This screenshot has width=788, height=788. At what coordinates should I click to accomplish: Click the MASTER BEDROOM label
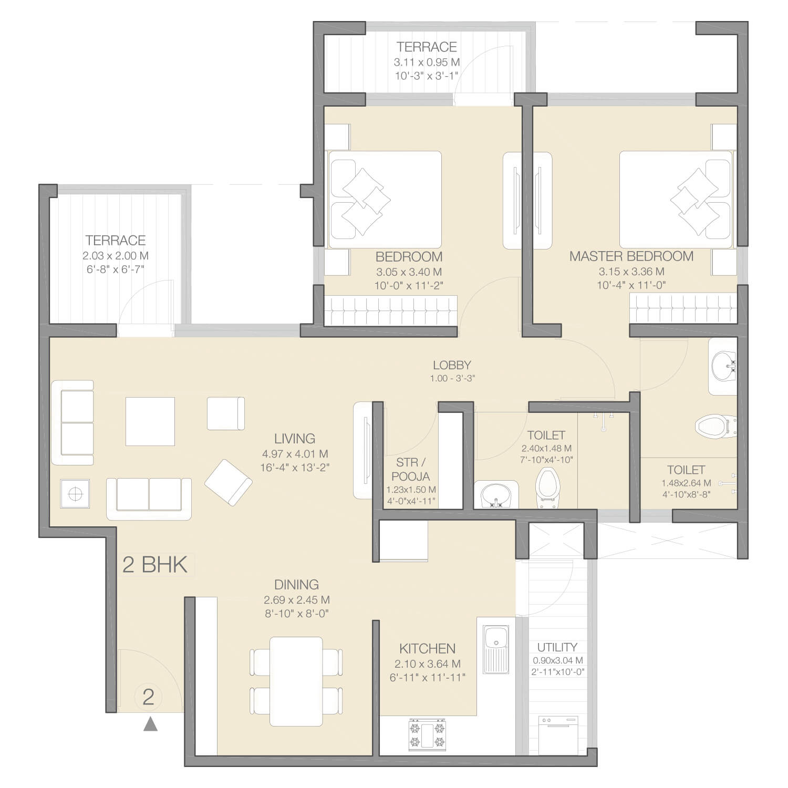tap(631, 256)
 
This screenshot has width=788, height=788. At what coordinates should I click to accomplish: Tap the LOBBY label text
tap(452, 365)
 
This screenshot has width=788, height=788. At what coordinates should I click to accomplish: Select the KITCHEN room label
tap(427, 649)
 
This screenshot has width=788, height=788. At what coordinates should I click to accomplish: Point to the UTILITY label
tap(557, 647)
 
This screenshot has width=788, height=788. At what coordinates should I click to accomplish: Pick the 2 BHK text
tap(155, 565)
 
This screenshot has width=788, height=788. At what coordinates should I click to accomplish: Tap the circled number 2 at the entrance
tap(148, 697)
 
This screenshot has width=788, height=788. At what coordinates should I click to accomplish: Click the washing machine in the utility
tap(557, 735)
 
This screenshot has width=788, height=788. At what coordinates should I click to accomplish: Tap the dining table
tap(296, 681)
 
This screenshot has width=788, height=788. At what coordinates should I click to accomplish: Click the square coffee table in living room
tap(150, 421)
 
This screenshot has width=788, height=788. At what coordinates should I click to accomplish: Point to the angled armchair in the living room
tap(228, 482)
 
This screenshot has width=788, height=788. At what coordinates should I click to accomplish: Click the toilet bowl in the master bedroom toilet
tap(716, 425)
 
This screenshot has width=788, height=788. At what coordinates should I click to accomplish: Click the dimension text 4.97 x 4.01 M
tap(295, 454)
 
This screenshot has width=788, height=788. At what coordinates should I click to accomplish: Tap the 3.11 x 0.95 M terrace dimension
tap(427, 62)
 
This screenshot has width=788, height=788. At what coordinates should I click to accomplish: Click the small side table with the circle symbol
tap(75, 494)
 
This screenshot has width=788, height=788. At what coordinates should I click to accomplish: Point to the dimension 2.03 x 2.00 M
tap(116, 256)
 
